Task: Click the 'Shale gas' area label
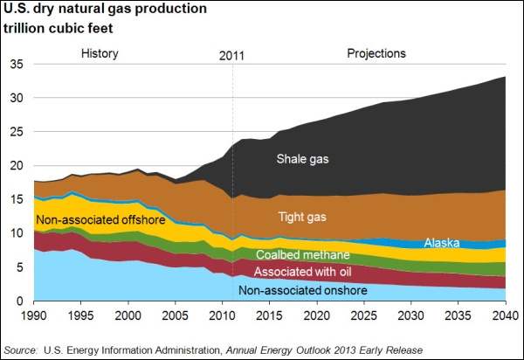[x=302, y=159]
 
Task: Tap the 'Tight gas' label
[x=302, y=218]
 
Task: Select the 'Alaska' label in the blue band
[x=442, y=243]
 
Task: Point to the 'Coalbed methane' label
[x=303, y=254]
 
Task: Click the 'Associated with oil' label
[x=302, y=272]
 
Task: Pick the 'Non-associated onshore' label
[x=303, y=290]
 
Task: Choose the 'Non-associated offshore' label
[x=100, y=219]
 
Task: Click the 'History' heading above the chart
[x=100, y=53]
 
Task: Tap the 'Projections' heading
[x=376, y=53]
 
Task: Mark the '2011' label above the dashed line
[x=231, y=56]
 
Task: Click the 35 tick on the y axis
[x=17, y=64]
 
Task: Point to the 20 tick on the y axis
[x=17, y=165]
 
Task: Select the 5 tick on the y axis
[x=20, y=267]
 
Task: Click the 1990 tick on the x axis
[x=34, y=315]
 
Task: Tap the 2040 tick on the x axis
[x=506, y=315]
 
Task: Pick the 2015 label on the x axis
[x=270, y=315]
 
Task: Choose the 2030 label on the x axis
[x=411, y=315]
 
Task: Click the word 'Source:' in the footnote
[x=21, y=350]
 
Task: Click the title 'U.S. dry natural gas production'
[x=105, y=9]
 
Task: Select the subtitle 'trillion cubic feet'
[x=59, y=28]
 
